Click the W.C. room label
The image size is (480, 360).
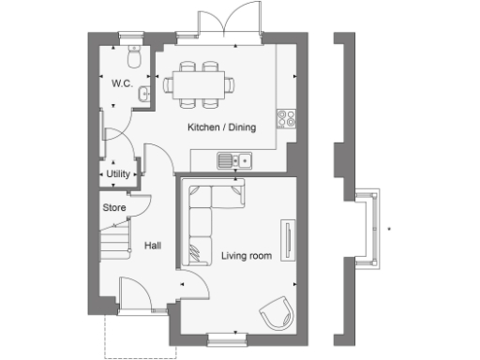[121, 83]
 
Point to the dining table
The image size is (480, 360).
[199, 83]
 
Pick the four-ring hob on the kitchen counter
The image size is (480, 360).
[286, 118]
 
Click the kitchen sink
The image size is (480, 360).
[233, 160]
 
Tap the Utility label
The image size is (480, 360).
[118, 174]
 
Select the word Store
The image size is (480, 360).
[114, 207]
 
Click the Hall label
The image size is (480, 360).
[152, 246]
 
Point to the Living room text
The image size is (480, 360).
[246, 254]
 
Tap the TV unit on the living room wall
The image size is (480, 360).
[287, 241]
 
